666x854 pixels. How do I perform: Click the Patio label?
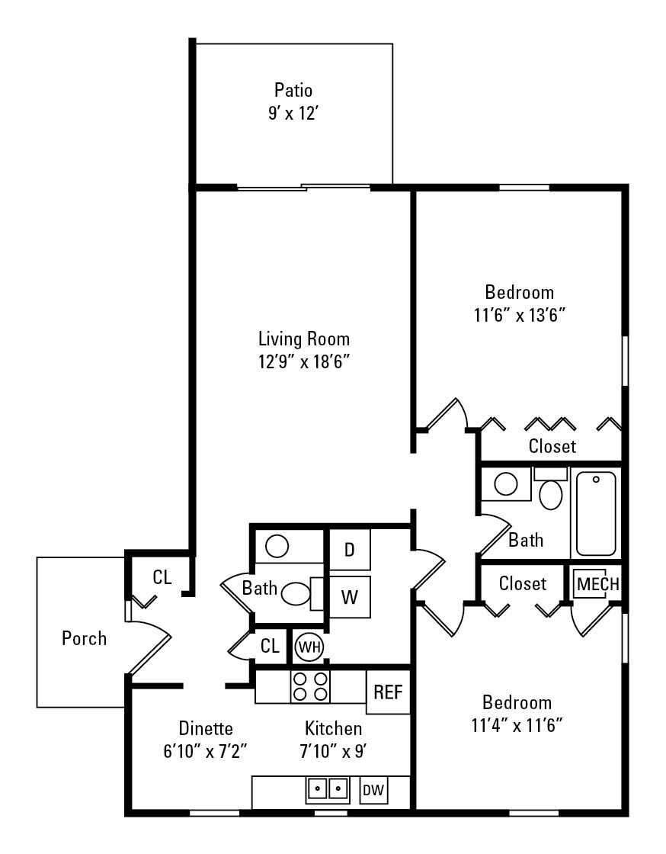(x=293, y=91)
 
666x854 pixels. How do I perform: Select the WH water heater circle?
(x=309, y=646)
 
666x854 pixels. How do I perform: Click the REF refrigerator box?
(x=387, y=692)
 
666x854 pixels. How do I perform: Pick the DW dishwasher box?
(x=373, y=791)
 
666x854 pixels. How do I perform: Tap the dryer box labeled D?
(x=350, y=550)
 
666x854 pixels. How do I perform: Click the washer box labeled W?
(x=350, y=597)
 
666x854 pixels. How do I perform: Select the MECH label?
(x=597, y=584)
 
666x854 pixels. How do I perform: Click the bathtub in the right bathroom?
(x=596, y=514)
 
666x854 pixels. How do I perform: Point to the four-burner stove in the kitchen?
(x=311, y=686)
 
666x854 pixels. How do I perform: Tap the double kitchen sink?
(x=328, y=789)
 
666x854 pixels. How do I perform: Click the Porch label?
(x=84, y=638)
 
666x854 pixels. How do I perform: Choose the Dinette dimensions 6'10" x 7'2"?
(x=206, y=750)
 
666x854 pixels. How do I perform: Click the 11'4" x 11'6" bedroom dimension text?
(x=517, y=724)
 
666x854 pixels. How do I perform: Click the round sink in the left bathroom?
(x=277, y=546)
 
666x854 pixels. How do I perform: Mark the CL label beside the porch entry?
(x=162, y=577)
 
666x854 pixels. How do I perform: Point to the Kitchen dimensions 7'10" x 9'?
(x=333, y=750)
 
